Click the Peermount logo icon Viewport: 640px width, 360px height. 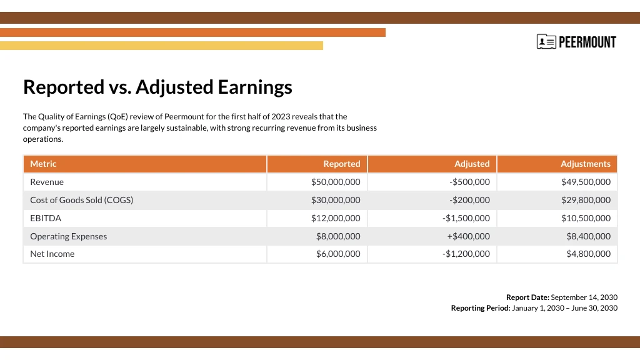(x=546, y=42)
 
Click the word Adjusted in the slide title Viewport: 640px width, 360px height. (x=174, y=87)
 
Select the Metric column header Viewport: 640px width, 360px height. (x=43, y=164)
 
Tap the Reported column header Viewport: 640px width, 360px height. (x=341, y=164)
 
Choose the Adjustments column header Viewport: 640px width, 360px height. (x=585, y=164)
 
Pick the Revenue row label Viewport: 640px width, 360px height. (x=47, y=182)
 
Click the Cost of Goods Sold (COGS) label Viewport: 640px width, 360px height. (x=81, y=200)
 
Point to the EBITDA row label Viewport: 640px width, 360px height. (x=46, y=218)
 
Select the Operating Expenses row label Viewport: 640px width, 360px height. (x=68, y=236)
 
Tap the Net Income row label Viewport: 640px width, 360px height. (x=52, y=254)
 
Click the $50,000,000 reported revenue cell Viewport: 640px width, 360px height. (x=336, y=182)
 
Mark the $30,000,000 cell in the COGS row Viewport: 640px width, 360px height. (x=336, y=200)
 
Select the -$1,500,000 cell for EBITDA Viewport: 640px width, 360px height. (x=466, y=218)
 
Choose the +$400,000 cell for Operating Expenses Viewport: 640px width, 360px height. (x=468, y=236)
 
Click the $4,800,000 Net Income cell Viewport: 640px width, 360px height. (x=588, y=254)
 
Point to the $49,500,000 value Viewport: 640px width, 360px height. (x=586, y=182)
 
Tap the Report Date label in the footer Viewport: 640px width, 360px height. (x=527, y=297)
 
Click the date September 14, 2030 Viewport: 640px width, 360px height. (x=584, y=297)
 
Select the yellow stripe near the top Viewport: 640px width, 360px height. (x=161, y=46)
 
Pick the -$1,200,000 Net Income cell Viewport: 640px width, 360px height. (x=466, y=254)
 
